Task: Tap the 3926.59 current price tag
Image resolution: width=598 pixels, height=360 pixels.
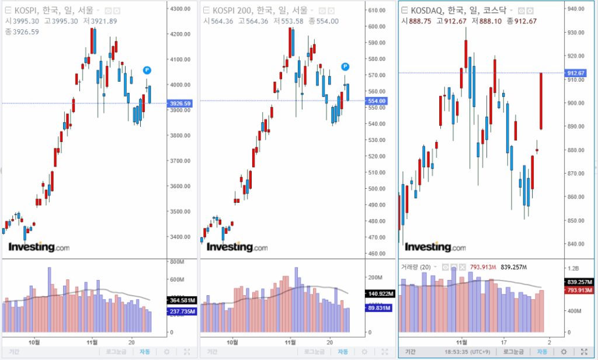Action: click(x=180, y=103)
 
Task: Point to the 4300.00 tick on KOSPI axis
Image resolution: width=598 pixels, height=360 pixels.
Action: click(x=180, y=9)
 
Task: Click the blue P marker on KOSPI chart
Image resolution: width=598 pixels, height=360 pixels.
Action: click(x=147, y=70)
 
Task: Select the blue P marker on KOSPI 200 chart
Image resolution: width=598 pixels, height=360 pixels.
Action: click(x=346, y=67)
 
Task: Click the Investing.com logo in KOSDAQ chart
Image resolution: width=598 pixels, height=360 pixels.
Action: click(x=435, y=248)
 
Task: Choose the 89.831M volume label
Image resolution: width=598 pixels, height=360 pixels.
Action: click(x=376, y=308)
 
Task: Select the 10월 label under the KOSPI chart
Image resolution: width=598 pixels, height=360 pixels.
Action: click(x=34, y=341)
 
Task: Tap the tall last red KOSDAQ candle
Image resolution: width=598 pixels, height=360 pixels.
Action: click(x=541, y=101)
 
